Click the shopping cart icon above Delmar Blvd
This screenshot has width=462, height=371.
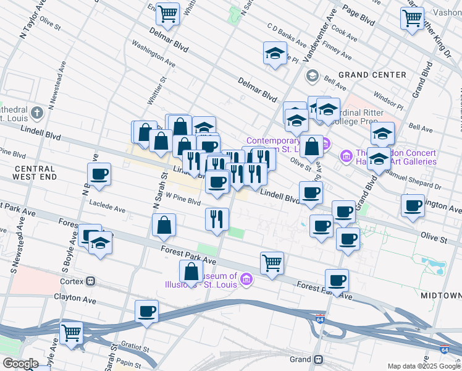(167, 13)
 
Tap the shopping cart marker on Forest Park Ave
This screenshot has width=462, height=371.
(272, 263)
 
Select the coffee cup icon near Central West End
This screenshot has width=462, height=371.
(99, 175)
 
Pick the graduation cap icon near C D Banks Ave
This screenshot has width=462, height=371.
(275, 54)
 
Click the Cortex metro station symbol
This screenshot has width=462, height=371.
(91, 281)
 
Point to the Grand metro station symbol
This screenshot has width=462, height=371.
(318, 359)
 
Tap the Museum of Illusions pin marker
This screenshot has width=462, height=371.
(246, 280)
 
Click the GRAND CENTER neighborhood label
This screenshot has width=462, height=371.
(372, 75)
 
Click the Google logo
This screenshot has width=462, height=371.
(20, 364)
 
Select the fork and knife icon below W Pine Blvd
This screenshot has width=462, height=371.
(217, 220)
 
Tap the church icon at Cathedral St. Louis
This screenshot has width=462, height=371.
(37, 113)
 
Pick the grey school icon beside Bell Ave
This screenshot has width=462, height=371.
(312, 75)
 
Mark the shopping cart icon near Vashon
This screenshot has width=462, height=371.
(412, 17)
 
